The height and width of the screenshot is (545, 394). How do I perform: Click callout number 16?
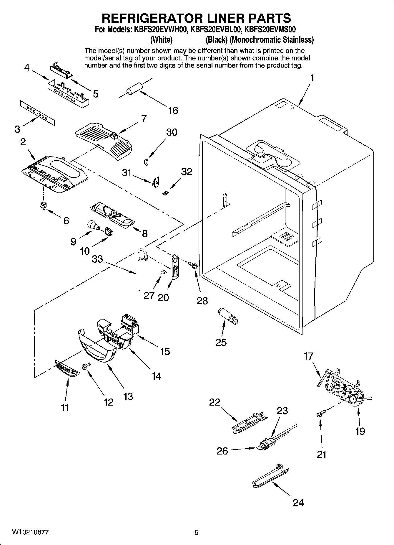pos(173,111)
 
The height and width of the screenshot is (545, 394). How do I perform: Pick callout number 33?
pos(97,259)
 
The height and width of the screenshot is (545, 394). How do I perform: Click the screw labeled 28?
pos(194,265)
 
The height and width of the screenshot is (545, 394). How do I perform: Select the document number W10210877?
pos(30,532)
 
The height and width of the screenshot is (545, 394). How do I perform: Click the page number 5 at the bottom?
pos(197,532)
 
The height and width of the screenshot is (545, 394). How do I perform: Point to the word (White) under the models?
pos(161,39)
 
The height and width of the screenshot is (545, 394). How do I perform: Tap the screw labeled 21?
pos(318,414)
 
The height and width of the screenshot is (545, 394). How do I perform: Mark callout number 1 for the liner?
pos(312,78)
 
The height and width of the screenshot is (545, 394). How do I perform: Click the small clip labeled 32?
pos(166,193)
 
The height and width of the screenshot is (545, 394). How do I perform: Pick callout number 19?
pos(360,431)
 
